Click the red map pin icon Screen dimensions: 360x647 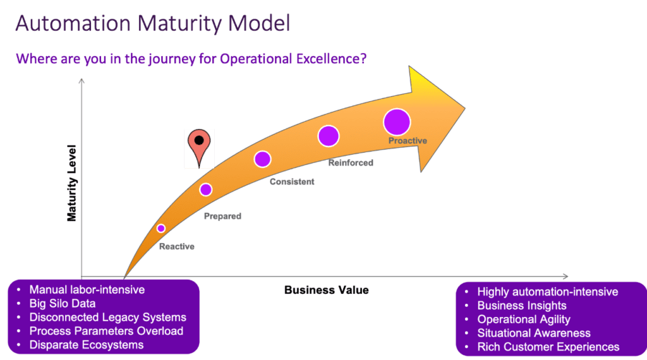click(199, 146)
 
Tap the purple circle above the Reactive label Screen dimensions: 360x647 click(161, 228)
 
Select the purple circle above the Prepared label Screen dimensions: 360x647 click(205, 189)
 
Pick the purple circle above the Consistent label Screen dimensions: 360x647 click(262, 159)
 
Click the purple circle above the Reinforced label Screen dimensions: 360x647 click(329, 136)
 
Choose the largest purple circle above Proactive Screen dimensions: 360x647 click(397, 122)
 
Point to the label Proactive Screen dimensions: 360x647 click(408, 141)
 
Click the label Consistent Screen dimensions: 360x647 click(292, 182)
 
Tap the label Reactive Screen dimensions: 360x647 click(176, 246)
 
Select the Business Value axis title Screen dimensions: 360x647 click(326, 291)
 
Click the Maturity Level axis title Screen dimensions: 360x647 click(72, 183)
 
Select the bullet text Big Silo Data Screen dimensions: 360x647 click(63, 304)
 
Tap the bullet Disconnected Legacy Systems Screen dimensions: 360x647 click(107, 317)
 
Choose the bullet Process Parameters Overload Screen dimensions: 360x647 click(106, 331)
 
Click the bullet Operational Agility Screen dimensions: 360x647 click(524, 320)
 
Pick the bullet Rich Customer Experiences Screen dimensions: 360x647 click(548, 347)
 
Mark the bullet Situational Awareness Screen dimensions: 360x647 click(534, 333)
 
